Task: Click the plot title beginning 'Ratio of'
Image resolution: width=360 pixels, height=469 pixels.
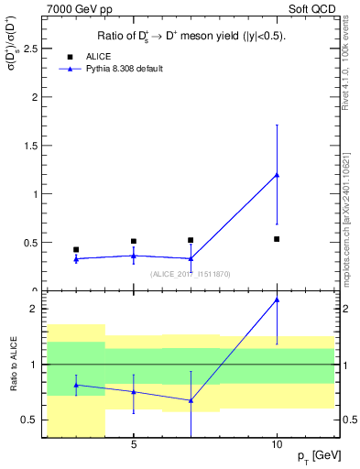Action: pyautogui.click(x=191, y=37)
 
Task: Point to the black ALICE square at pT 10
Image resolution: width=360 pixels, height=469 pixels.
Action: pyautogui.click(x=277, y=239)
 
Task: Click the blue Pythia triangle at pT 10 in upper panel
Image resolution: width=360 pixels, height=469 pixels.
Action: pyautogui.click(x=277, y=175)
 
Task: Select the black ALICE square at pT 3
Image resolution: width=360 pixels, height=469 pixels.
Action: pyautogui.click(x=76, y=249)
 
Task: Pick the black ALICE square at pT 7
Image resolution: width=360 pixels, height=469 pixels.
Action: pyautogui.click(x=191, y=240)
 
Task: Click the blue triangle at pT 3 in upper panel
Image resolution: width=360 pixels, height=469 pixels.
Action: pyautogui.click(x=76, y=259)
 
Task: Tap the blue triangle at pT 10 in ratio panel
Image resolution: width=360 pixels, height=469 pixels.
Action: pyautogui.click(x=277, y=300)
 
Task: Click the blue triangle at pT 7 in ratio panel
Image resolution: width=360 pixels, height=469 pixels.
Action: pyautogui.click(x=191, y=400)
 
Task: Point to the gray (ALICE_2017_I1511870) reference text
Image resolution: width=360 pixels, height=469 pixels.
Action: pyautogui.click(x=191, y=274)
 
